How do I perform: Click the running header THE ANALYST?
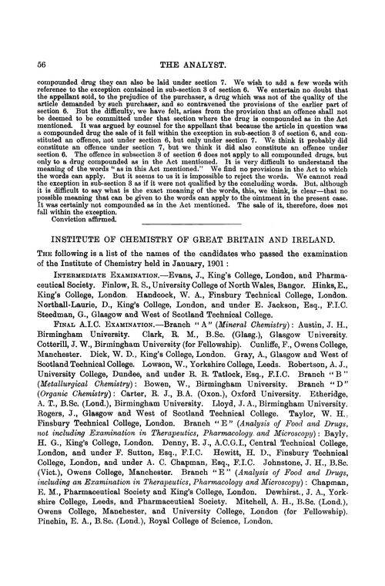(192, 65)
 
